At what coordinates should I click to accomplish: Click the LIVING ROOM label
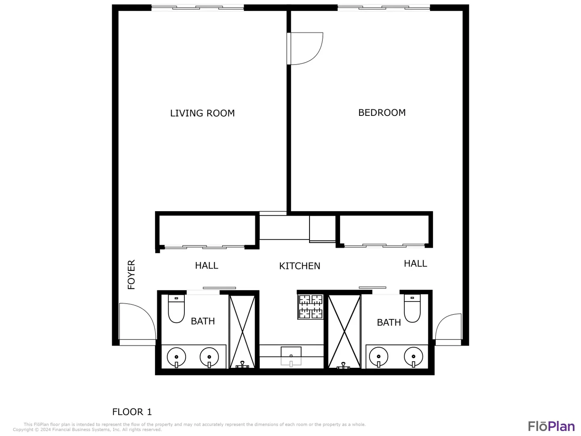[x=202, y=113]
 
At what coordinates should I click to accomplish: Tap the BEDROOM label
[x=382, y=113]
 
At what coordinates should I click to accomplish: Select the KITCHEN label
[x=300, y=266]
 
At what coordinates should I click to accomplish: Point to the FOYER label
[x=131, y=274]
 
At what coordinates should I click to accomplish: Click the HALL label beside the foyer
[x=207, y=265]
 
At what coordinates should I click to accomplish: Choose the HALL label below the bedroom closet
[x=415, y=263]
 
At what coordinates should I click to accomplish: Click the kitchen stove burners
[x=311, y=307]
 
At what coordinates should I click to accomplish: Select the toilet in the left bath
[x=176, y=309]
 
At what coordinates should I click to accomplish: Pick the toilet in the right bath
[x=412, y=308]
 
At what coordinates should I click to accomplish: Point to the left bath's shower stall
[x=242, y=332]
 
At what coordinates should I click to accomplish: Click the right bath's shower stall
[x=345, y=332]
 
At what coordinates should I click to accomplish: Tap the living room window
[x=197, y=8]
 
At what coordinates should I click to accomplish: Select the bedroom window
[x=384, y=8]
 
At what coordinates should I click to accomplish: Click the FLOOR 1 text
[x=132, y=412]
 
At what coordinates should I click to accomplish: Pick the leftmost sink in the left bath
[x=176, y=357]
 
